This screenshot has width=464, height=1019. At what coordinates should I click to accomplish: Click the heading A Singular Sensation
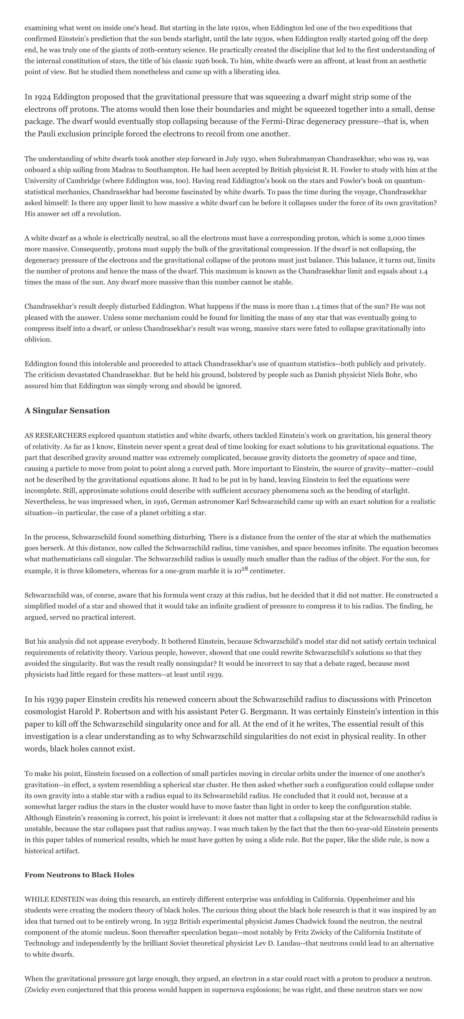tap(67, 411)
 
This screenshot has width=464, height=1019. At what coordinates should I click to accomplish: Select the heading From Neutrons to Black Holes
tap(79, 875)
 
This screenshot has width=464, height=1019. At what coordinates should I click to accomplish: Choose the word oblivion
tap(37, 339)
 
